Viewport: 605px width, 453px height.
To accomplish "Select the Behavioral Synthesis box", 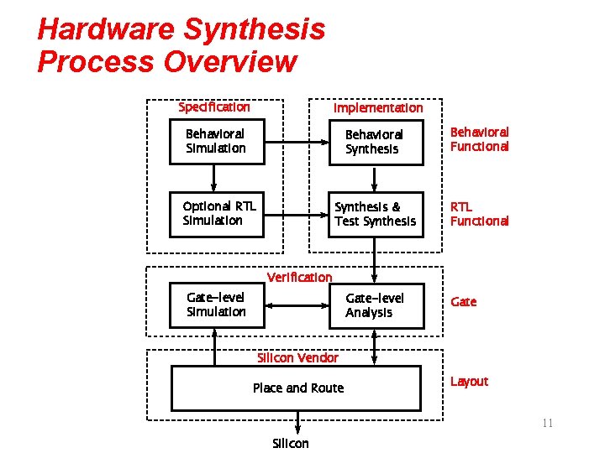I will pos(374,141).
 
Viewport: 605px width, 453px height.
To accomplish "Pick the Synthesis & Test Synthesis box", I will pos(375,213).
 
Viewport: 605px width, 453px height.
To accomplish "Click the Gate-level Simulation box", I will pos(216,305).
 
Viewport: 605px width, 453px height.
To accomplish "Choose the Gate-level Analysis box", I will pos(375,305).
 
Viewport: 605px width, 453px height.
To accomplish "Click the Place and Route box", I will pos(296,388).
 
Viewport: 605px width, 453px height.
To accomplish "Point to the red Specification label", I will pos(214,107).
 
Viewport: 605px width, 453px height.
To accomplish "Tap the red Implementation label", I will pos(378,107).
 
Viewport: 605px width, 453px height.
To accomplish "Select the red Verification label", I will pos(299,277).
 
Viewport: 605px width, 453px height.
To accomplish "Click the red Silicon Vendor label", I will pos(297,357).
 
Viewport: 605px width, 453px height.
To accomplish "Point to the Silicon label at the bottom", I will pos(291,443).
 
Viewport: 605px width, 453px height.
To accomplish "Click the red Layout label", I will pos(469,382).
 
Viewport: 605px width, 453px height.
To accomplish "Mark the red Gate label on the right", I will pos(463,302).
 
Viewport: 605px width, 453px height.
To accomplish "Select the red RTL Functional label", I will pos(479,213).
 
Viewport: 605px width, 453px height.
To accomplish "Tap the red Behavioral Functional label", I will pos(479,139).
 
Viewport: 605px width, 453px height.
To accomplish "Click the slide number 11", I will pos(547,423).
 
